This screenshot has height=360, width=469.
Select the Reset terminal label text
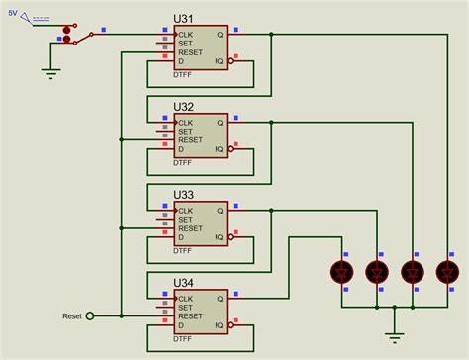click(72, 316)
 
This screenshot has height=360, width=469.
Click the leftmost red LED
click(343, 270)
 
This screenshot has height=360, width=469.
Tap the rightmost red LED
click(446, 270)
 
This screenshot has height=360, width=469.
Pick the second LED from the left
click(377, 270)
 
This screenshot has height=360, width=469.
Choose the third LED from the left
click(412, 270)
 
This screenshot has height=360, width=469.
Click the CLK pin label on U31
click(186, 35)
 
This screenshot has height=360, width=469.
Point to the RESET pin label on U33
click(191, 227)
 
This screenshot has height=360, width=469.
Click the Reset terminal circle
click(92, 316)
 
